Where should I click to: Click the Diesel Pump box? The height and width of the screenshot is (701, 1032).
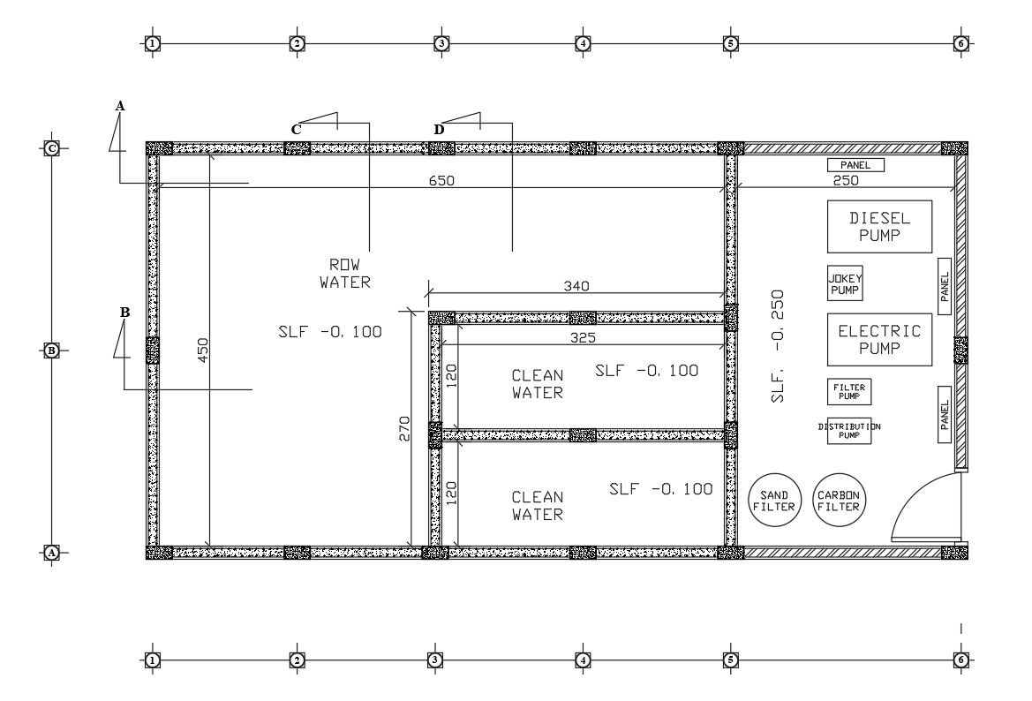[879, 226]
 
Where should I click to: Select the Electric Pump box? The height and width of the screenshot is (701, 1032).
[879, 339]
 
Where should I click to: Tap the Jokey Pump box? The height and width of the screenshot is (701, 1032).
[845, 283]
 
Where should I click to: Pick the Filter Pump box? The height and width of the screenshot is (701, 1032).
[849, 392]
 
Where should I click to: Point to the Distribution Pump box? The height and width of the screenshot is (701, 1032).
[849, 430]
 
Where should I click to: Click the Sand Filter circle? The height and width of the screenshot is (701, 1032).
[774, 501]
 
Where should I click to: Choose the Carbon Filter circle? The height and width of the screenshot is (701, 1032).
[839, 501]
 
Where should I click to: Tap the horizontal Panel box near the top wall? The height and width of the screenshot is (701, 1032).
[855, 165]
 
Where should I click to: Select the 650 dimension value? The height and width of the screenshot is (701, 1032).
[442, 180]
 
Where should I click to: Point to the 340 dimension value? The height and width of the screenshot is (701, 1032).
[576, 286]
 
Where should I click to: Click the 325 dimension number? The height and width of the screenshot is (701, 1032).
[583, 337]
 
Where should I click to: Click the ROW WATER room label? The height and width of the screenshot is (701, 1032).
[344, 274]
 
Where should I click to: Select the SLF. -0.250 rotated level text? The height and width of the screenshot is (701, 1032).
[778, 346]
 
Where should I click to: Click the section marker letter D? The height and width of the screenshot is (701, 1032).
[439, 130]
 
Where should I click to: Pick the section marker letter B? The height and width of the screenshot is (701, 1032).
[125, 312]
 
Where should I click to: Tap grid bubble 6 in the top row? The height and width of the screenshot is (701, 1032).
[961, 43]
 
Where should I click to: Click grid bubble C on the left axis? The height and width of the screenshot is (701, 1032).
[52, 148]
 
